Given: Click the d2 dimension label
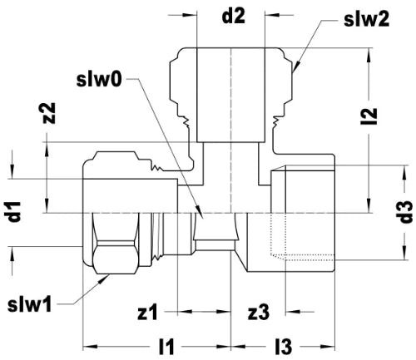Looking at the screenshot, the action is (234, 17).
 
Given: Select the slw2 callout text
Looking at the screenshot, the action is (367, 19).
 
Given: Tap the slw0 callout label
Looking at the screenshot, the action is (99, 80).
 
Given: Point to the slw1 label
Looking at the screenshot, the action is (30, 305).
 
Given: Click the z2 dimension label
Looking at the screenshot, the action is (51, 113).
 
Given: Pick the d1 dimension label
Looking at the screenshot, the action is (14, 212).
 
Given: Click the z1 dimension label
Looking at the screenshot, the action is (147, 313).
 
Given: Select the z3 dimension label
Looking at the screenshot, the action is (259, 313).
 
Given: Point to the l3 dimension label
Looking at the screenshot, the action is (284, 347).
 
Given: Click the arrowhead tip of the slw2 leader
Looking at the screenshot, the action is (293, 72).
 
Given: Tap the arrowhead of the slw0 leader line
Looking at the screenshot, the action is (203, 219).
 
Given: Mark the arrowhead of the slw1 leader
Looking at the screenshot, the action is (108, 275).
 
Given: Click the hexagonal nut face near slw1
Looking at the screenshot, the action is (116, 257).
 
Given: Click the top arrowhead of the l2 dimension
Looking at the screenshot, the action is (369, 49).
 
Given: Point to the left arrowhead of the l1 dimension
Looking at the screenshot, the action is (83, 347).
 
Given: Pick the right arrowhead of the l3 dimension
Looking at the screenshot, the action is (335, 347).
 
